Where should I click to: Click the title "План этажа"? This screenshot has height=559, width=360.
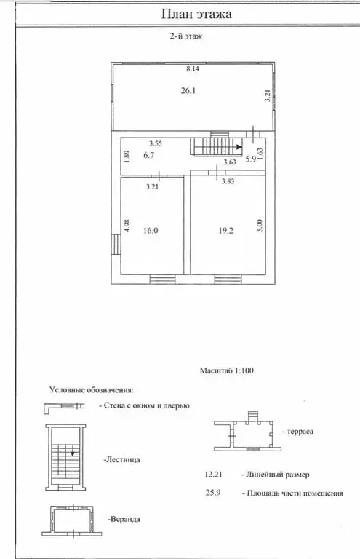[x=196, y=15]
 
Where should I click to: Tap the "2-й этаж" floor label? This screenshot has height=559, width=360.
[x=186, y=36]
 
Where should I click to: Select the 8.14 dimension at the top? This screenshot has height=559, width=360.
[x=193, y=69]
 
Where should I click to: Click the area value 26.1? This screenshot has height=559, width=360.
[x=188, y=90]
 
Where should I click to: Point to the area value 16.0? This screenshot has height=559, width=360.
[x=151, y=230]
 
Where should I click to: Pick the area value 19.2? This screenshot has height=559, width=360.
[x=226, y=230]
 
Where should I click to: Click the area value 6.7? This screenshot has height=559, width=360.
[x=148, y=155]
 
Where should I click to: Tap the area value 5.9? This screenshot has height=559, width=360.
[x=251, y=159]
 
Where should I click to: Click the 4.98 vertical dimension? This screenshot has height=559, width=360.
[x=127, y=226]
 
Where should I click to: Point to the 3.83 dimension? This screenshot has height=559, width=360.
[x=228, y=181]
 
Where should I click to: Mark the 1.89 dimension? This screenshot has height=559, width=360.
[x=127, y=156]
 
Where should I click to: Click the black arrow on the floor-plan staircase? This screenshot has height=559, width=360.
[x=239, y=146]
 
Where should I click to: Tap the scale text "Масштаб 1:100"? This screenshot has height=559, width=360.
[x=227, y=370]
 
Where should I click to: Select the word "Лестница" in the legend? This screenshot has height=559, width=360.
[x=122, y=459]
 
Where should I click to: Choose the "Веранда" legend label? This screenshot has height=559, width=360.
[x=124, y=519]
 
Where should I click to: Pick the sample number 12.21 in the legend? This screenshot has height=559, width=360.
[x=213, y=475]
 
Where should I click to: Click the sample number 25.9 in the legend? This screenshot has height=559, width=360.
[x=213, y=493]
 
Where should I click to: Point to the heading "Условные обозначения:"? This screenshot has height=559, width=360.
[x=92, y=389]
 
